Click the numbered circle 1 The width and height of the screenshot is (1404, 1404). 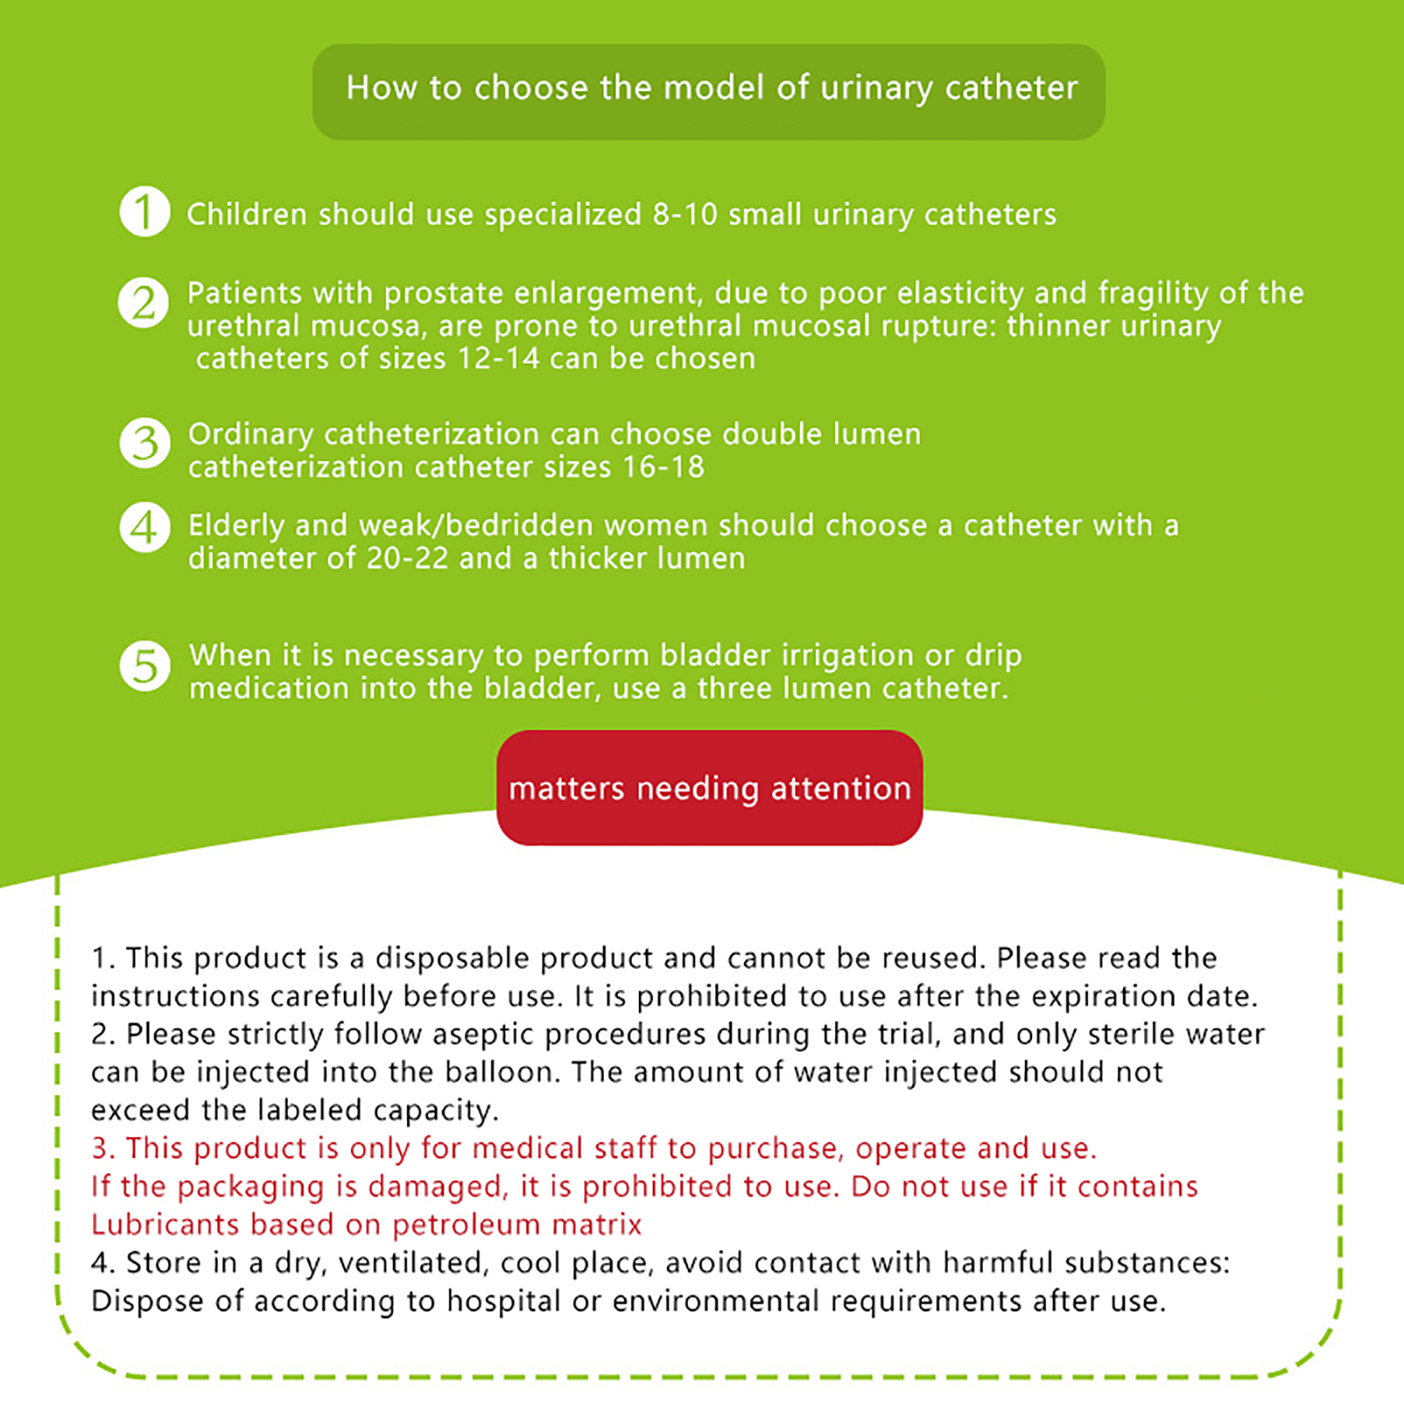[x=145, y=211]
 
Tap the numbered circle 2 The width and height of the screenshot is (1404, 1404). [x=144, y=303]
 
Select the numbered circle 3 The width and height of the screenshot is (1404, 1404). [x=145, y=442]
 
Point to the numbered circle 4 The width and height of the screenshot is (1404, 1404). [x=145, y=527]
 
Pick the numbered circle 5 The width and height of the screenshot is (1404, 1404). [x=145, y=666]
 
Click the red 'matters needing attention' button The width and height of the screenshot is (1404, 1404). [x=709, y=788]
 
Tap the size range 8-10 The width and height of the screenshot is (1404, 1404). [x=684, y=215]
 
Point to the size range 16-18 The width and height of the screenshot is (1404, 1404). [x=663, y=467]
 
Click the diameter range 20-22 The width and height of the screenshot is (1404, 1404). [x=407, y=558]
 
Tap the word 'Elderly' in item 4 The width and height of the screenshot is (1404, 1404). [x=236, y=526]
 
